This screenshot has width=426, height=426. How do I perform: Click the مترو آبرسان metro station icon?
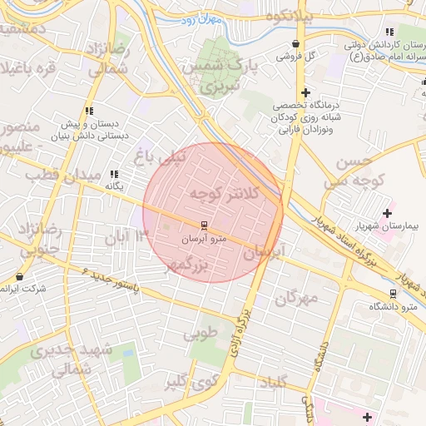(x=203, y=225)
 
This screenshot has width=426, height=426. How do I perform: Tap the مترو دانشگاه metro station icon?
(x=394, y=294)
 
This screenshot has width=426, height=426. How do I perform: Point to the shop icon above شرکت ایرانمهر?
(x=20, y=275)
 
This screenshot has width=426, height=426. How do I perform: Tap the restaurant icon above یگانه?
(x=114, y=174)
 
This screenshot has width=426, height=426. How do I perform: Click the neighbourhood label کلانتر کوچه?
(x=225, y=194)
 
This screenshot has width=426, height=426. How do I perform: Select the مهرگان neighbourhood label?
(x=301, y=298)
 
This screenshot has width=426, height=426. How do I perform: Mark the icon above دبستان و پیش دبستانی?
(x=89, y=111)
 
